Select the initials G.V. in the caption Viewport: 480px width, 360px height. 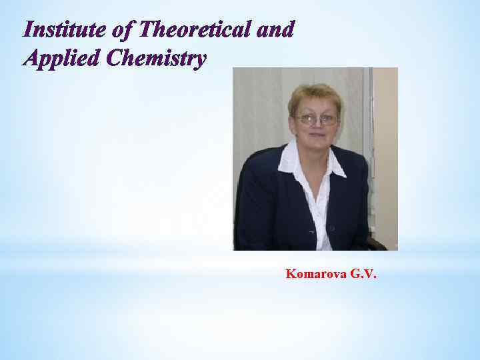click(359, 274)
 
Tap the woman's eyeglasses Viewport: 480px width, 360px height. click(316, 120)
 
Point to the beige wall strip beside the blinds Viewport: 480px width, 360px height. click(385, 133)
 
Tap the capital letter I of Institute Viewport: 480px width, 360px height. click(27, 30)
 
